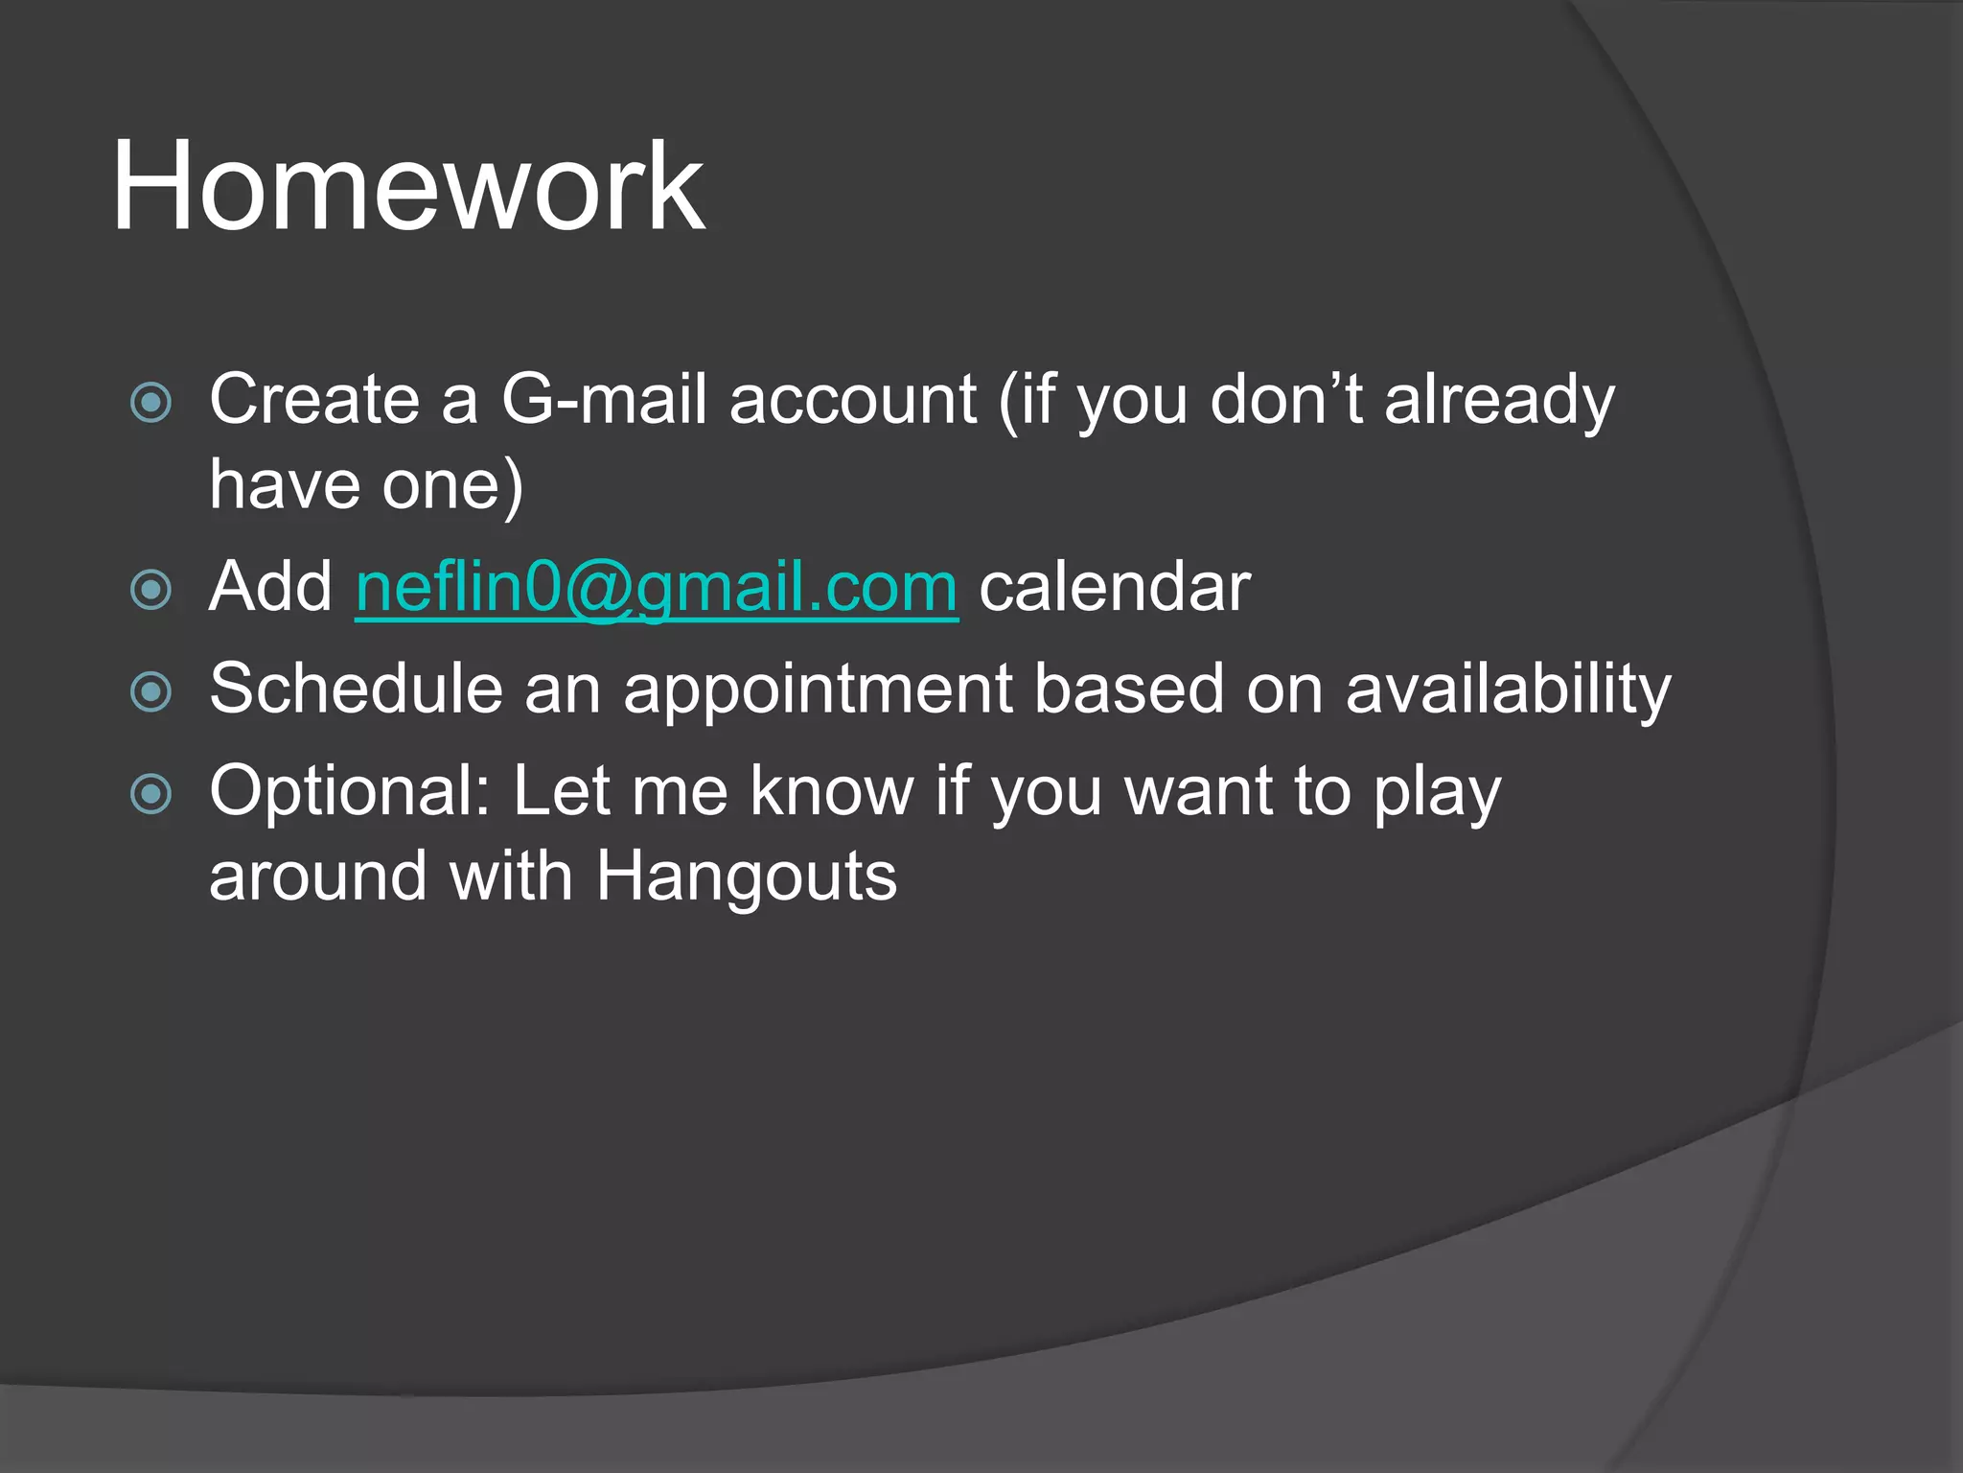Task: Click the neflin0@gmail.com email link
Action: click(657, 587)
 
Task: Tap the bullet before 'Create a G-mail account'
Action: click(150, 402)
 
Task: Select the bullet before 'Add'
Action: click(150, 589)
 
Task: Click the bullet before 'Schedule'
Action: click(150, 691)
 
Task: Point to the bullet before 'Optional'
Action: click(150, 793)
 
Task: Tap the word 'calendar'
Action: click(1115, 587)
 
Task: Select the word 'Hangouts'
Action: click(747, 877)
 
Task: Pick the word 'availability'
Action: click(1508, 690)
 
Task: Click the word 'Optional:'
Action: click(350, 793)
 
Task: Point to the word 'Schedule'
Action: click(356, 689)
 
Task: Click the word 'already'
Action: click(1499, 401)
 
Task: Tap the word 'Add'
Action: click(270, 587)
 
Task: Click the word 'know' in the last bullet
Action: click(831, 792)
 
